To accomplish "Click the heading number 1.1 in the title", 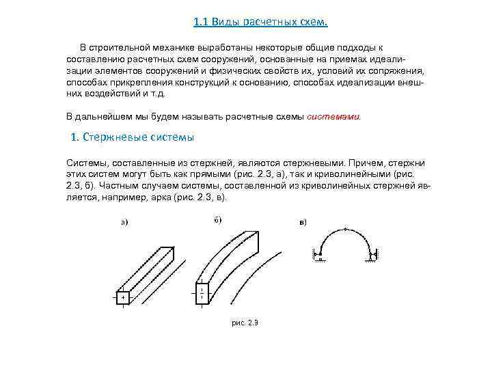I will click(x=200, y=22).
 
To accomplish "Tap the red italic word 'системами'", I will click(x=334, y=116).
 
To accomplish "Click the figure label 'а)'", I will click(x=124, y=221).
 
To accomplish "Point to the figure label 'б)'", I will click(x=217, y=219).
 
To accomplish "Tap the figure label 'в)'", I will click(x=303, y=221).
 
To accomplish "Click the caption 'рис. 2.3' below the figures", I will click(x=245, y=321).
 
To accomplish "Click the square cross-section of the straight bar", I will click(x=122, y=297).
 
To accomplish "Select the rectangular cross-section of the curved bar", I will click(x=202, y=295).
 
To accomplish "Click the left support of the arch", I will click(x=318, y=256).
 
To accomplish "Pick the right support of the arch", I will click(x=372, y=256).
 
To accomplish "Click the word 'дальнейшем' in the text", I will click(x=102, y=116).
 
